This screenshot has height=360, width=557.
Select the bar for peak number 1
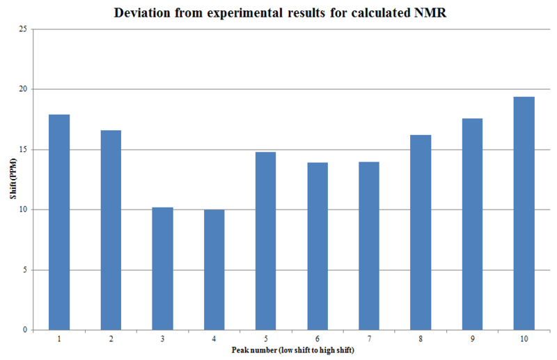59,222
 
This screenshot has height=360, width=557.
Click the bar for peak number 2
111,230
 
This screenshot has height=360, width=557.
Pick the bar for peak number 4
214,269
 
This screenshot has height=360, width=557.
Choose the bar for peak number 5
265,240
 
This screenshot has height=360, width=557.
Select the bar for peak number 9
472,224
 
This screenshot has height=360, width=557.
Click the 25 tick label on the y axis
23,29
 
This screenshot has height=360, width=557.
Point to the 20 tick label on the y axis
23,89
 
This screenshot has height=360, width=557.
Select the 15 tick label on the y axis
23,150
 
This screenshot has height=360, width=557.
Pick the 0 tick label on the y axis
25,330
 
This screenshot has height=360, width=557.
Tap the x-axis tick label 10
524,338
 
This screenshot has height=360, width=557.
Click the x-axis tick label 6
317,338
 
